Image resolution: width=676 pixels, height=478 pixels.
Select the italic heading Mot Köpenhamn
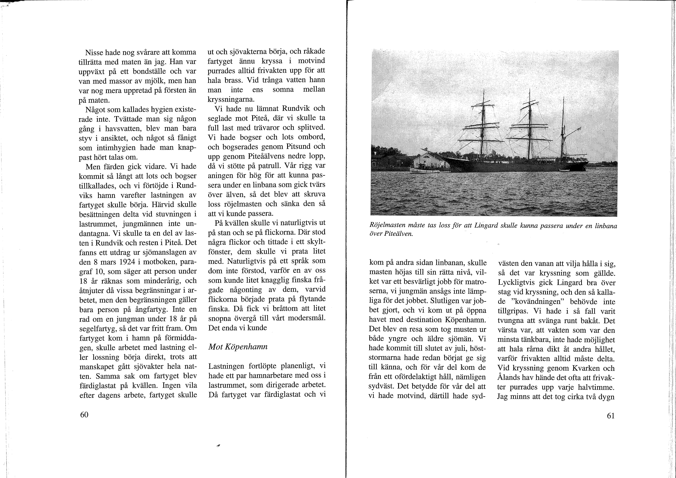coord(238,347)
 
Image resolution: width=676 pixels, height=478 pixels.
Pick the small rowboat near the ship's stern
coord(564,170)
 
